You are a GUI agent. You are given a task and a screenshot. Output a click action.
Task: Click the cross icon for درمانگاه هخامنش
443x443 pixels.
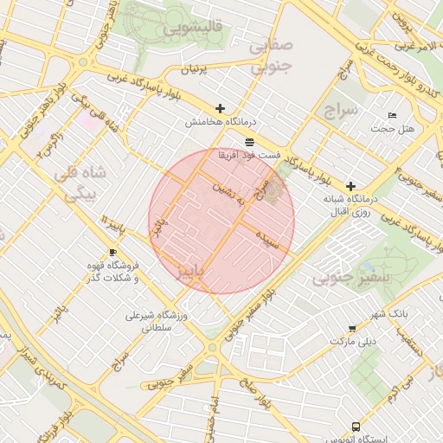(221, 109)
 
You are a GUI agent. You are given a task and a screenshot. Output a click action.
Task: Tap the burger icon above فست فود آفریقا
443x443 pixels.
(249, 141)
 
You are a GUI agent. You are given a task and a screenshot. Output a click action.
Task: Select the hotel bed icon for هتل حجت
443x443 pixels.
(392, 115)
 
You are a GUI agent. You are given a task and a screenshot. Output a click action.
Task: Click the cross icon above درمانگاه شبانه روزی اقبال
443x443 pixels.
(350, 186)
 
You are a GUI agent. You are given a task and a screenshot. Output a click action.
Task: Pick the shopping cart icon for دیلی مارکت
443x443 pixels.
(351, 328)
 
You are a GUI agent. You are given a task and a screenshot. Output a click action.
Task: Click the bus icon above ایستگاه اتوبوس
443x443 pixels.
(355, 427)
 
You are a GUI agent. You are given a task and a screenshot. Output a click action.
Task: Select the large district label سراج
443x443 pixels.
(338, 111)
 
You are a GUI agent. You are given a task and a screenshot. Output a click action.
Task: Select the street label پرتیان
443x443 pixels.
(194, 68)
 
